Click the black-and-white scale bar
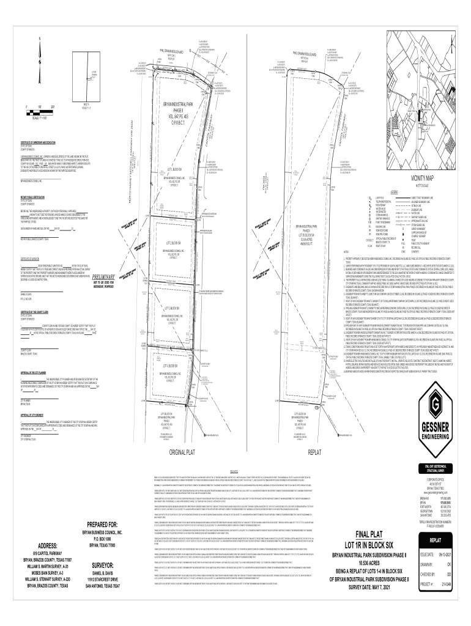(34, 111)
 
